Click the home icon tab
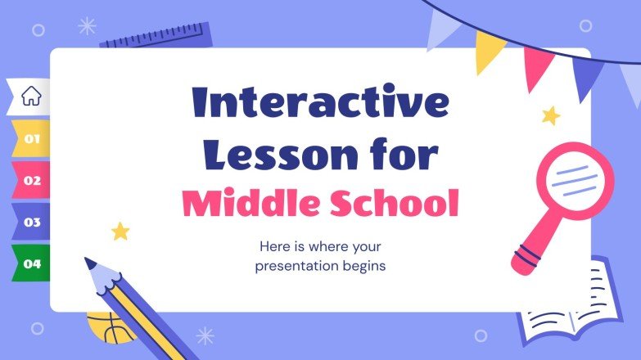point(30,97)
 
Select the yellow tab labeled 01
point(31,138)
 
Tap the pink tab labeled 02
point(31,180)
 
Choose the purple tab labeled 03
point(31,222)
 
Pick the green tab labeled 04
point(31,263)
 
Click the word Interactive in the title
point(320,104)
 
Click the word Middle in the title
point(245,203)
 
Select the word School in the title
point(394,203)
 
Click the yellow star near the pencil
point(120,231)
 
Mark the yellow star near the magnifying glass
point(551,115)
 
